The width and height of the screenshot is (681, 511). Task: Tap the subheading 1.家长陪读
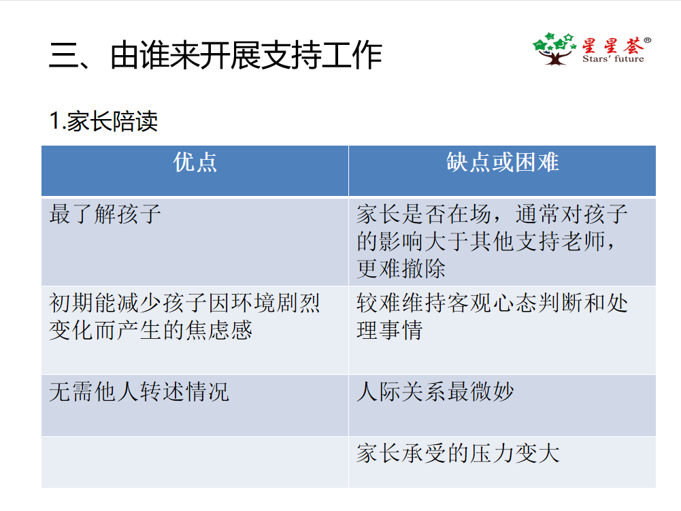[x=103, y=121]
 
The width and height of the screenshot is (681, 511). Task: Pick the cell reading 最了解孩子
[x=105, y=214]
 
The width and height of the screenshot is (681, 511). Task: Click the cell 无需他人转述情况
[x=139, y=391]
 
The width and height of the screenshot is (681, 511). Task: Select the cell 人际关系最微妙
[x=435, y=391]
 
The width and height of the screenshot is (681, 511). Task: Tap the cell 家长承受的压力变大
[x=458, y=452]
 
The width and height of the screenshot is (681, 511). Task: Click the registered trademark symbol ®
[x=647, y=41]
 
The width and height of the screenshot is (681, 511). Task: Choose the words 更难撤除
[x=401, y=268]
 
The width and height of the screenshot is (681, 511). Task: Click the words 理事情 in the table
[x=390, y=330]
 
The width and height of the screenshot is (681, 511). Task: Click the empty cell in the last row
[x=195, y=461]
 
